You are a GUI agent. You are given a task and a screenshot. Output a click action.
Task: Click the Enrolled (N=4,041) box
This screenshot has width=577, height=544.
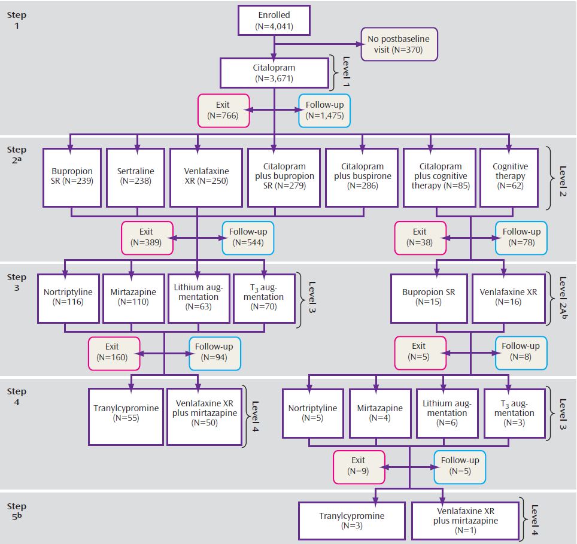click(274, 20)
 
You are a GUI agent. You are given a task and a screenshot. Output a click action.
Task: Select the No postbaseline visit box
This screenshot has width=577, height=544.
click(399, 44)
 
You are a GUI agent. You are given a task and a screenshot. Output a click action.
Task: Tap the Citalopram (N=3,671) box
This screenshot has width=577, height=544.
click(274, 73)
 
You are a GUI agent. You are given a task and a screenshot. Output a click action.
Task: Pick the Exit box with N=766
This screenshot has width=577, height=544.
click(223, 111)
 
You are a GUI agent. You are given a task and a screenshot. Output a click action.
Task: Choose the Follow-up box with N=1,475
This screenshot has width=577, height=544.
click(324, 111)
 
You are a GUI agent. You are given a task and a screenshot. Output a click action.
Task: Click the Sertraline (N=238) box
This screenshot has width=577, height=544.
click(135, 178)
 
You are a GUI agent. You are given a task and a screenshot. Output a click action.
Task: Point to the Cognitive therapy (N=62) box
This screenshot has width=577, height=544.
click(509, 178)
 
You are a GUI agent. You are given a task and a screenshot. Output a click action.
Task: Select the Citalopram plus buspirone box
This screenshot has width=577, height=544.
click(362, 178)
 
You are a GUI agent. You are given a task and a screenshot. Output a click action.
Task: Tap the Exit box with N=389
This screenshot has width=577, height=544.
click(147, 238)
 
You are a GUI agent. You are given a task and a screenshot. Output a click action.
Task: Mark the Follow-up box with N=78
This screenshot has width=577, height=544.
click(521, 238)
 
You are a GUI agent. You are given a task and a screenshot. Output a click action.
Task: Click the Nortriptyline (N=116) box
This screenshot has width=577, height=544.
click(68, 299)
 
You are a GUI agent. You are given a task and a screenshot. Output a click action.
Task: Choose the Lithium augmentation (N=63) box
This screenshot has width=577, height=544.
click(199, 299)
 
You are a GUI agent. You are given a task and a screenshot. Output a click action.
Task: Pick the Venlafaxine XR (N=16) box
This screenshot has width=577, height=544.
click(509, 299)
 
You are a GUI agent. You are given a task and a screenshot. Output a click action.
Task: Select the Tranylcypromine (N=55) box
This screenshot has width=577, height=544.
click(126, 417)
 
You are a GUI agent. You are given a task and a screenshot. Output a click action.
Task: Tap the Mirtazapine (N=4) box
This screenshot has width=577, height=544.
click(379, 414)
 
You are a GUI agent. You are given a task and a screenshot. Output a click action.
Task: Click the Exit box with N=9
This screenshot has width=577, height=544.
click(359, 467)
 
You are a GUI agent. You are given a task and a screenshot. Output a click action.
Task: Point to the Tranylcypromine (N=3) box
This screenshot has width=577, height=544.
click(352, 521)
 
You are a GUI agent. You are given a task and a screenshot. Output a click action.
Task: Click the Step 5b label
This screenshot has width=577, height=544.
click(17, 511)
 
